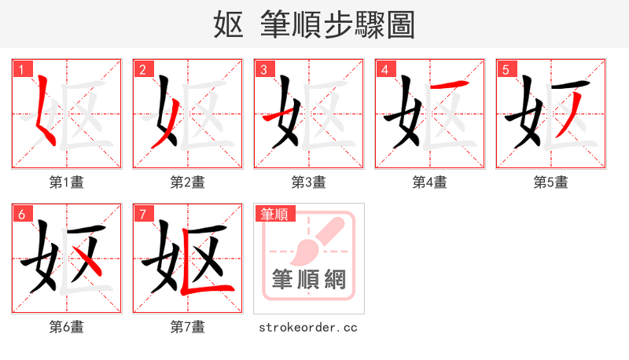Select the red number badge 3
263,69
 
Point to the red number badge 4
384,69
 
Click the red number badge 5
506,69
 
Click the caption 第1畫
67,182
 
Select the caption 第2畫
188,182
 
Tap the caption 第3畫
309,182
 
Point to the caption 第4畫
430,182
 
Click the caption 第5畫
551,182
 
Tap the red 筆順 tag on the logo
274,214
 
